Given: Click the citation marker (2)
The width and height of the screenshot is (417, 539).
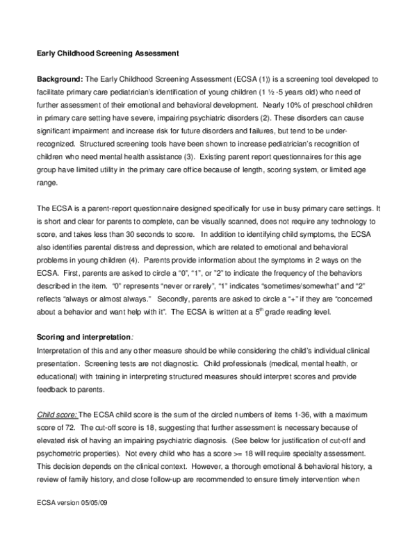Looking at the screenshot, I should (x=252, y=118).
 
